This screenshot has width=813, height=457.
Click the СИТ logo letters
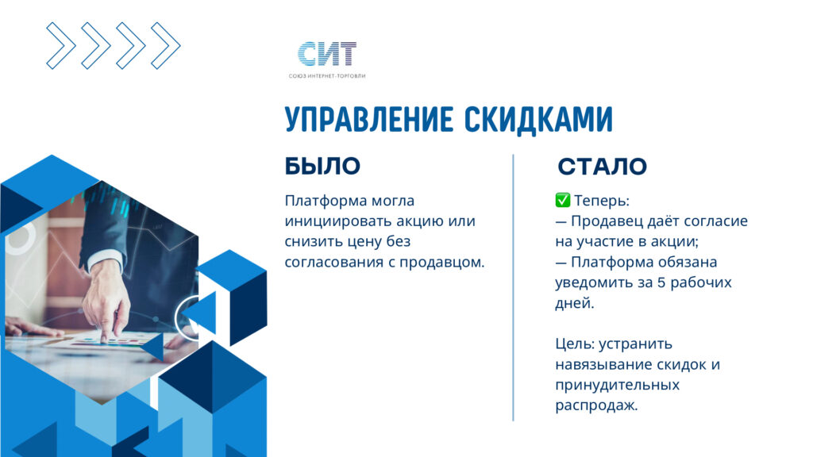[x=327, y=54]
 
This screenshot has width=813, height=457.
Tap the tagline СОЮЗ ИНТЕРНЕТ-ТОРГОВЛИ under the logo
[x=327, y=76]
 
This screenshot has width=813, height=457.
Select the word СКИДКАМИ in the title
[x=538, y=120]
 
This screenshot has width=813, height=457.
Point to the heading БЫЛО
[x=322, y=167]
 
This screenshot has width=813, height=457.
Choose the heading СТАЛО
[x=602, y=167]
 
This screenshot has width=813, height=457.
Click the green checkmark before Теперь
[x=563, y=200]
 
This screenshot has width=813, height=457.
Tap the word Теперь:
[x=602, y=201]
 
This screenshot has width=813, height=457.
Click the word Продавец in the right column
[x=604, y=221]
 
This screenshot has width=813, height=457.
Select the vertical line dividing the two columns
[x=514, y=287]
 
